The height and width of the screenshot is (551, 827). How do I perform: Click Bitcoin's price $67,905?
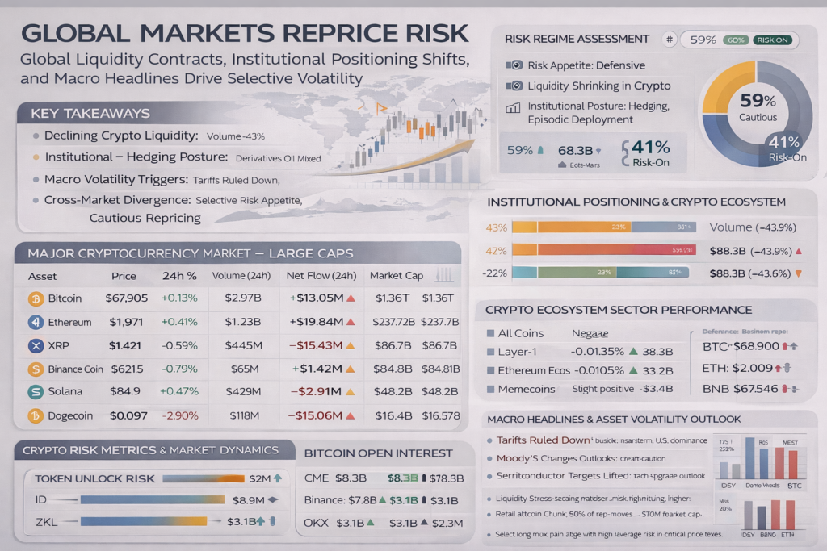[x=127, y=298]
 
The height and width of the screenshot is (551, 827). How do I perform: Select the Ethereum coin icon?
[x=36, y=323]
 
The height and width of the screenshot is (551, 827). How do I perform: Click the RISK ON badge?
[x=773, y=40]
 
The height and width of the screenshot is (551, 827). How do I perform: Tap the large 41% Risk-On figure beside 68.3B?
[x=650, y=148]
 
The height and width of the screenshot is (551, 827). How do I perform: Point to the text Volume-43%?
[x=236, y=136]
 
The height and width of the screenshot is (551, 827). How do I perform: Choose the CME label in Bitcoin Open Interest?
[x=317, y=478]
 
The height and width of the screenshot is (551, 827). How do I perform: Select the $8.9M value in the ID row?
[x=248, y=500]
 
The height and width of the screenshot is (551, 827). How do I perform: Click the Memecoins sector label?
[x=527, y=389]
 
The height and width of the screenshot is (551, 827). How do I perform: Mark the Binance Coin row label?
[x=76, y=369]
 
